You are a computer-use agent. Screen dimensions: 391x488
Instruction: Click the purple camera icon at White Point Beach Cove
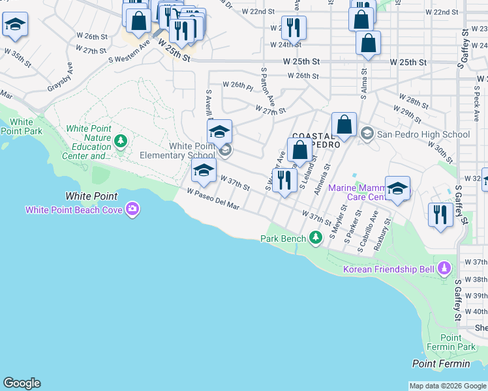pyautogui.click(x=133, y=209)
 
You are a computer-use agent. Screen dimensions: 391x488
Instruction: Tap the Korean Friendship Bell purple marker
pyautogui.click(x=444, y=268)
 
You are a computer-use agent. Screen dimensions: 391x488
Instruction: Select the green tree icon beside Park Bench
pyautogui.click(x=316, y=238)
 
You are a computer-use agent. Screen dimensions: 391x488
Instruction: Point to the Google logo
pyautogui.click(x=22, y=383)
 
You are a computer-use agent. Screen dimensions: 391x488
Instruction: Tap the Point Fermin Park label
pyautogui.click(x=451, y=343)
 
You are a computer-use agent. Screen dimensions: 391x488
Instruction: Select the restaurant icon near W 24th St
pyautogui.click(x=294, y=28)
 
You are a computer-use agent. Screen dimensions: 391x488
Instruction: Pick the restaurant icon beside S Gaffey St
pyautogui.click(x=440, y=215)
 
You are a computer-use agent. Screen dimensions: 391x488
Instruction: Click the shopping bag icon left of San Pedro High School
pyautogui.click(x=344, y=124)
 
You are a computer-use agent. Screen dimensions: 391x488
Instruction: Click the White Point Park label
pyautogui.click(x=22, y=126)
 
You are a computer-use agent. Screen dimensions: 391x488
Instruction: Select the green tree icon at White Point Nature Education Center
pyautogui.click(x=120, y=141)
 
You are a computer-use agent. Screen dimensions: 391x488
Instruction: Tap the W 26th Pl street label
pyautogui.click(x=237, y=85)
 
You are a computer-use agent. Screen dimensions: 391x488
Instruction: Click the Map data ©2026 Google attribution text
pyautogui.click(x=448, y=386)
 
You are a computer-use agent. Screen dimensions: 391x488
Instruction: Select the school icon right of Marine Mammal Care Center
pyautogui.click(x=397, y=189)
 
